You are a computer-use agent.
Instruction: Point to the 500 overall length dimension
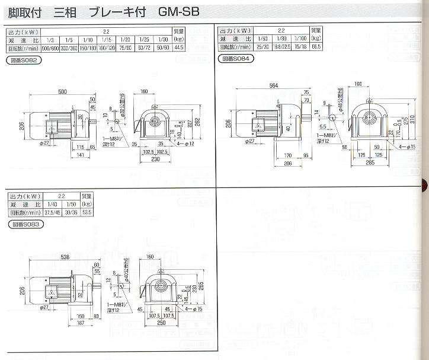tap(62, 92)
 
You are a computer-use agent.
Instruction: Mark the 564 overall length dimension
tap(273, 87)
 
